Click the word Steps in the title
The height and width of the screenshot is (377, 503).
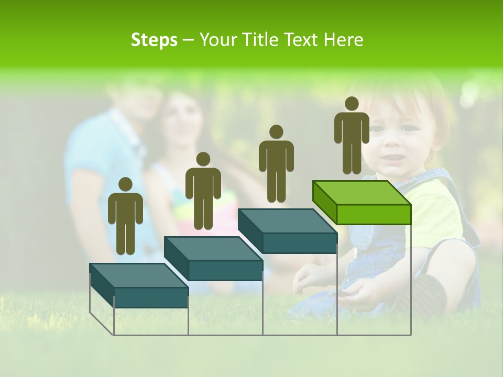pos(154,40)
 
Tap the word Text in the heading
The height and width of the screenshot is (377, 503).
pos(302,40)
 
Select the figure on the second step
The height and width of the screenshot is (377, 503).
pos(203,191)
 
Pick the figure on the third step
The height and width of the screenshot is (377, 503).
pos(276,163)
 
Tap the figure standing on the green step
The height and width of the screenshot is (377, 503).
pos(352,135)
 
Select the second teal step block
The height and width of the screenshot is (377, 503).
pos(213,259)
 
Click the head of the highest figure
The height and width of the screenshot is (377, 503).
pos(352,104)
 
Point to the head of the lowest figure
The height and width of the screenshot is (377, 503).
pos(125,184)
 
